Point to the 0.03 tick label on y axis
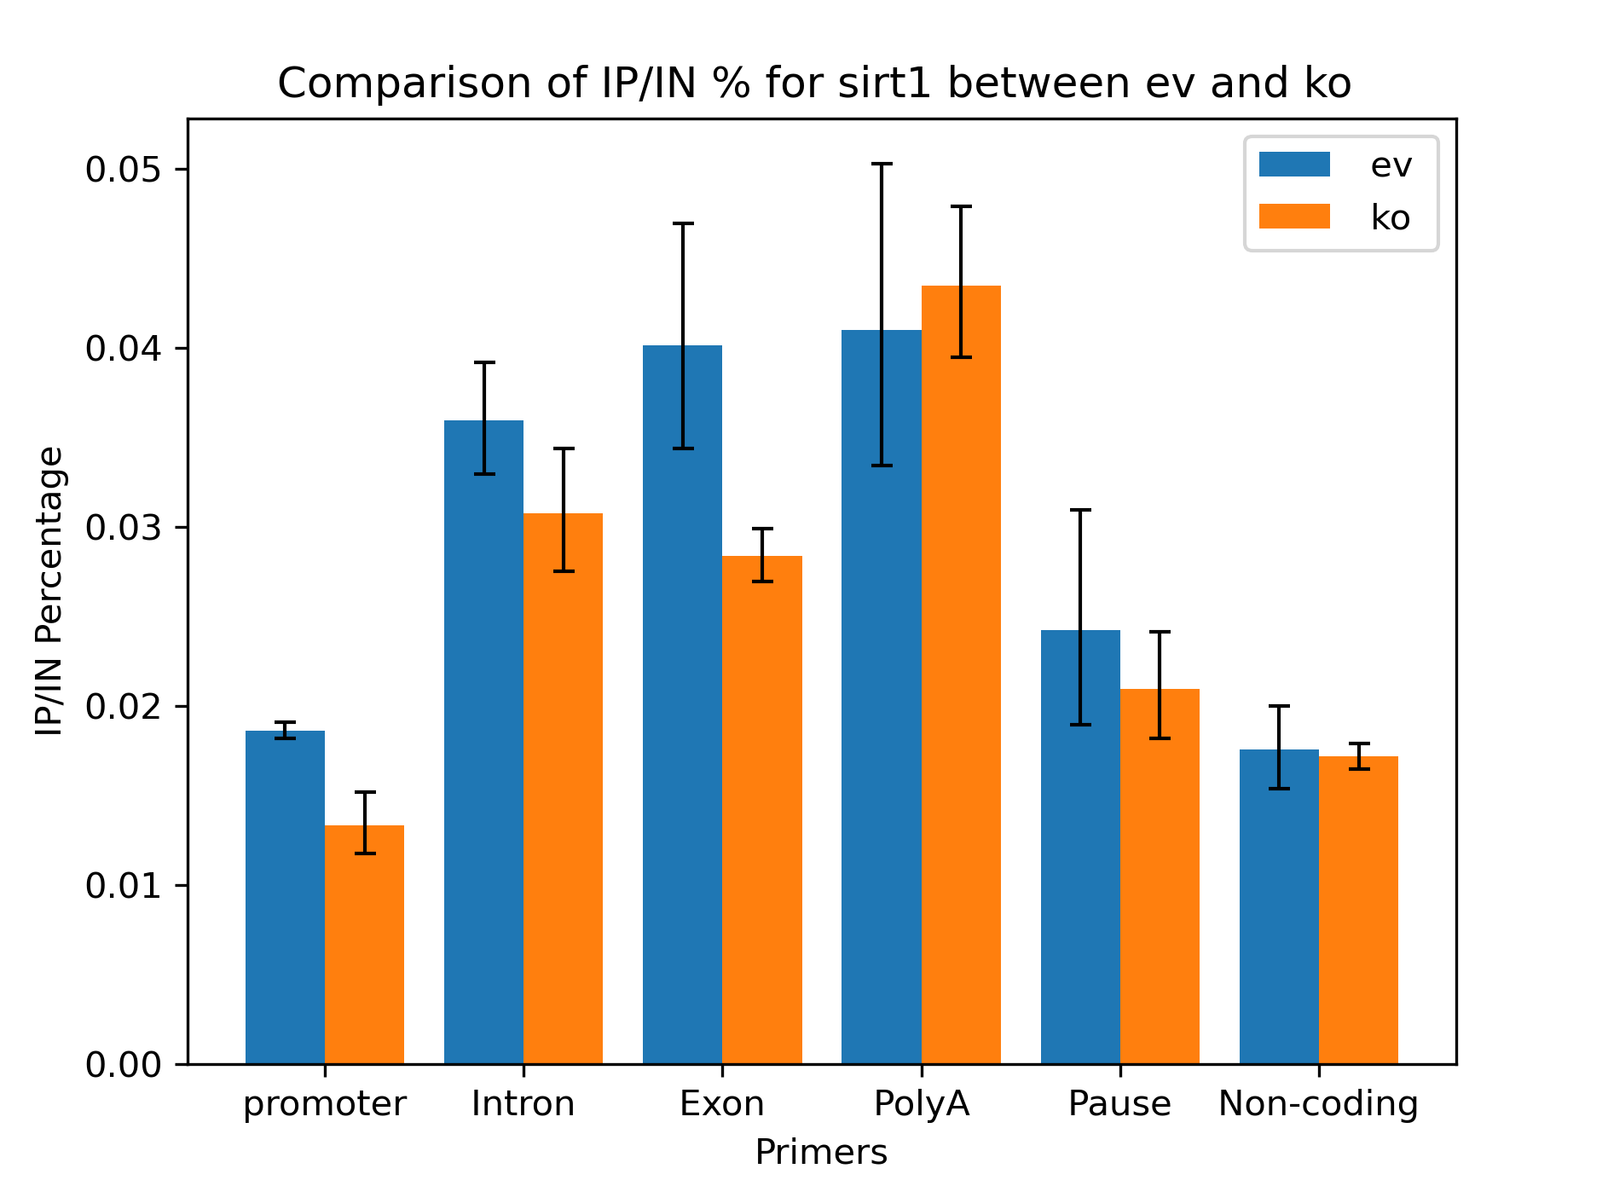[124, 528]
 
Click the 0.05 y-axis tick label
[124, 170]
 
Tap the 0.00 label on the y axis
[124, 1065]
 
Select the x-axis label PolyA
[922, 1104]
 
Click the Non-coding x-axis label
[1318, 1104]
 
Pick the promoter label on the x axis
[325, 1104]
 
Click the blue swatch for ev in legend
[1293, 165]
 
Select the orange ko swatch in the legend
[1293, 217]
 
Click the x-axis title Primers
[821, 1153]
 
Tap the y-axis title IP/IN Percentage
[49, 591]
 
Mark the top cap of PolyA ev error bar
[882, 164]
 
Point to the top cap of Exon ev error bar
[683, 223]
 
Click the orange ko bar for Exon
[762, 810]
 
